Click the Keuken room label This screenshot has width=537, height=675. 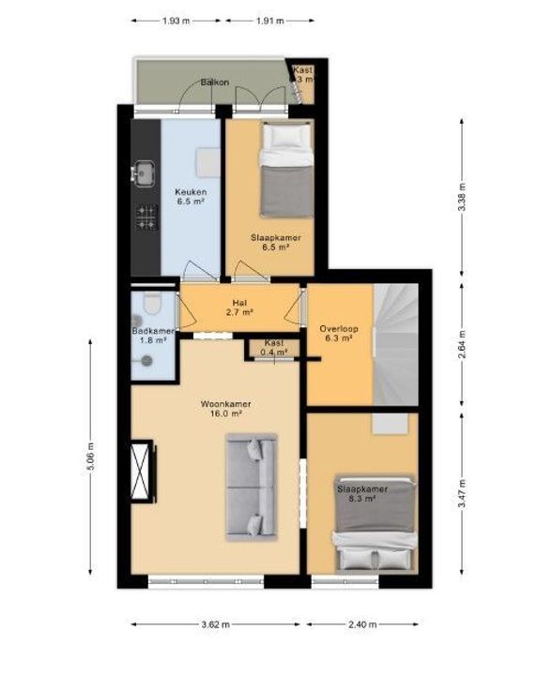tap(191, 198)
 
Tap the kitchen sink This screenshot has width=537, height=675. tap(145, 172)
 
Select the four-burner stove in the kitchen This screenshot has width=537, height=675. tap(146, 217)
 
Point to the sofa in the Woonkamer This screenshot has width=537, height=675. tap(251, 486)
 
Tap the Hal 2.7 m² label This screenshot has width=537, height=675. tap(241, 308)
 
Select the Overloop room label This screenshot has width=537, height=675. tap(335, 334)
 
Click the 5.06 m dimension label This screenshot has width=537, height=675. tap(91, 458)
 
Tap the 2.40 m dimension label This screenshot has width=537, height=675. tap(362, 624)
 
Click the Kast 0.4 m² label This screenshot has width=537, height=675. tap(274, 347)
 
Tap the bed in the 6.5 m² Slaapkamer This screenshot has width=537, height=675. tap(285, 172)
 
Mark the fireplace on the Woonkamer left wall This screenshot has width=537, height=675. tap(143, 472)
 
